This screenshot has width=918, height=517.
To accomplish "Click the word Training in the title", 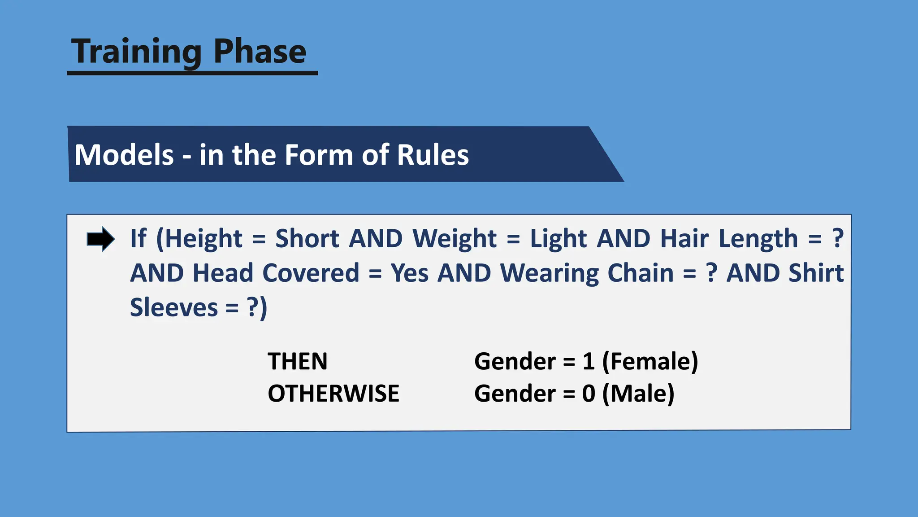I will point(137,52).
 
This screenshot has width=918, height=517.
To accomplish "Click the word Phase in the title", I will point(260,52).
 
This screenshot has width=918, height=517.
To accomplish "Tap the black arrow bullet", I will point(100,239).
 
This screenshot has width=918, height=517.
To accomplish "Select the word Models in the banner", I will point(124,155).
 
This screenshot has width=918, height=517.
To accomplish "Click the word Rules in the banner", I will point(433,155).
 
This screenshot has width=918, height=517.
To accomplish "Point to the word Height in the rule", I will point(203,238).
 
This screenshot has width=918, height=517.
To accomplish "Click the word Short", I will point(307,238).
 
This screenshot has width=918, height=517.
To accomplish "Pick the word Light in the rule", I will point(558,238).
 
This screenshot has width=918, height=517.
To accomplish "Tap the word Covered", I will point(311,273).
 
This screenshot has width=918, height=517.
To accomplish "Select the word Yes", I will point(409,273).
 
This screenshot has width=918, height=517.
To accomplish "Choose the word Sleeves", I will point(174,307).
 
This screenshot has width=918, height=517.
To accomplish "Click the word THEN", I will point(297,361).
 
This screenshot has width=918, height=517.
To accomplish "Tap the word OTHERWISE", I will point(333,394).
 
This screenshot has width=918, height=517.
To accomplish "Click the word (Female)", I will point(650,361).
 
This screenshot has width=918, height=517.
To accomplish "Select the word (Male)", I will point(638,394).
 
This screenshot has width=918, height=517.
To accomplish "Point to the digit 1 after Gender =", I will point(588,361).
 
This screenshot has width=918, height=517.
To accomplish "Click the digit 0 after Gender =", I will point(588,394).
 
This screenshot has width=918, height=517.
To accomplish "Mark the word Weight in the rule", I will point(454,238).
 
